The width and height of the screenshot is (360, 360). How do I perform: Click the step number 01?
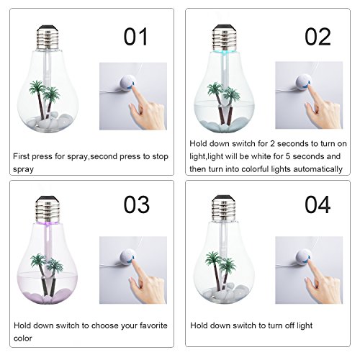[135, 37]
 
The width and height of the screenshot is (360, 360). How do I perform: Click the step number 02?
[318, 37]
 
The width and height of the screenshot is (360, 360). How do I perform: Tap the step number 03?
[137, 204]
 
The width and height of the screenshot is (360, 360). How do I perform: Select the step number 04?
[318, 204]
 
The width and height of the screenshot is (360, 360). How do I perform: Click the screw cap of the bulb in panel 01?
[48, 37]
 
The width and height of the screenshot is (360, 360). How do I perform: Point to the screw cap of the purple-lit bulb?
[47, 209]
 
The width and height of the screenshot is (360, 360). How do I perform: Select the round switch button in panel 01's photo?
[127, 83]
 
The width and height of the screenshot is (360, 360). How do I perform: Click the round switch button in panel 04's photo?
[303, 257]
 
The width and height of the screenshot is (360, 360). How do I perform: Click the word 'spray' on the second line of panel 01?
[23, 169]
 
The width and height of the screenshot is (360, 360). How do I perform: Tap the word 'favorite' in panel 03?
[153, 325]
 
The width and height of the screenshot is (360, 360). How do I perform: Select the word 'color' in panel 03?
[23, 338]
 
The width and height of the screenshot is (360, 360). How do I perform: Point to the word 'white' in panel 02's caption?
[261, 156]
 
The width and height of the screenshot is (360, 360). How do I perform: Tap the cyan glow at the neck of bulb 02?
[224, 53]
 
